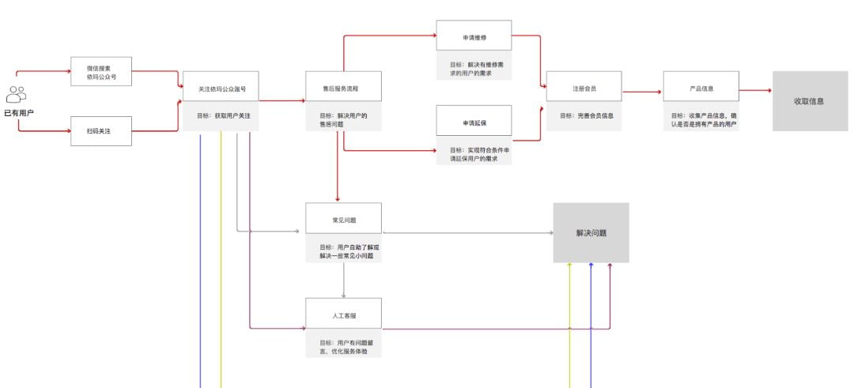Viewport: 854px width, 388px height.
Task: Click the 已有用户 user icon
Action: tap(16, 95)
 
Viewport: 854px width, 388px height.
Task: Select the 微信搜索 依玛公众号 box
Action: tap(101, 72)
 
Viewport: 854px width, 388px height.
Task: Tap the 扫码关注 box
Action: tap(101, 130)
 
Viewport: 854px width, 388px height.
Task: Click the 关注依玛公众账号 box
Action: tap(221, 89)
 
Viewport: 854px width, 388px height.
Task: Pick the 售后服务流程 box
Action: tap(343, 86)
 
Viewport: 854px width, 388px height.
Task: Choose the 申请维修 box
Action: tap(474, 36)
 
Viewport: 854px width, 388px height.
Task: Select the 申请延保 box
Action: tap(474, 122)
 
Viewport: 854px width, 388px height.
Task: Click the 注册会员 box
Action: tap(584, 87)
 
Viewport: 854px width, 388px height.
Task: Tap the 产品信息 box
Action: tap(701, 87)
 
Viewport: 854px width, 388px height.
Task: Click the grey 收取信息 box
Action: tap(809, 101)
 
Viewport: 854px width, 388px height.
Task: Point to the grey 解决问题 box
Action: tap(591, 233)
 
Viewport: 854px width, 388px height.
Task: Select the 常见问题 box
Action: tap(343, 217)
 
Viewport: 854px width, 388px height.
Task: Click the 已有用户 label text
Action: tap(19, 114)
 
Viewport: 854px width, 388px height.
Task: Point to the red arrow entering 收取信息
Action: tap(755, 90)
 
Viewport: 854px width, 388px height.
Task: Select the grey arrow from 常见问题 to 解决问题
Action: tap(467, 232)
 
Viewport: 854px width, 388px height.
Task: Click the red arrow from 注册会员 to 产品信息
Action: tap(641, 92)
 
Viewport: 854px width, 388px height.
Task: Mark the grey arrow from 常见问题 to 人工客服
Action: tap(343, 281)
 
